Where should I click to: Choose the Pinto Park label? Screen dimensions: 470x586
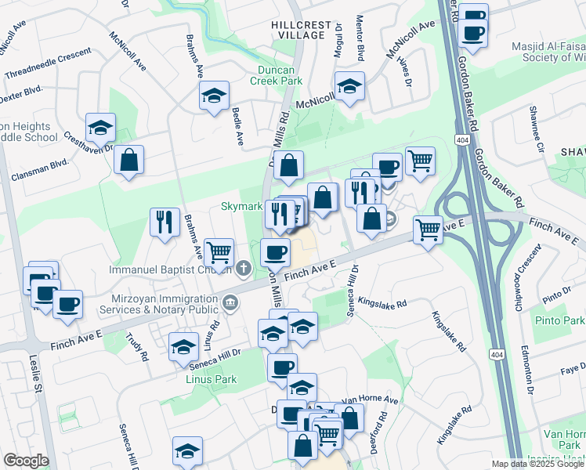coord(557,321)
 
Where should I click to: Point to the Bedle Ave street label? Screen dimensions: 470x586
coord(237,127)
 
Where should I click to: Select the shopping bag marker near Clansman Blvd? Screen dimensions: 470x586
coord(128,160)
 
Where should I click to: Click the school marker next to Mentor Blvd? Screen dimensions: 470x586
coord(349,86)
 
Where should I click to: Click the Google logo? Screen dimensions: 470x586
coord(26,461)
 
